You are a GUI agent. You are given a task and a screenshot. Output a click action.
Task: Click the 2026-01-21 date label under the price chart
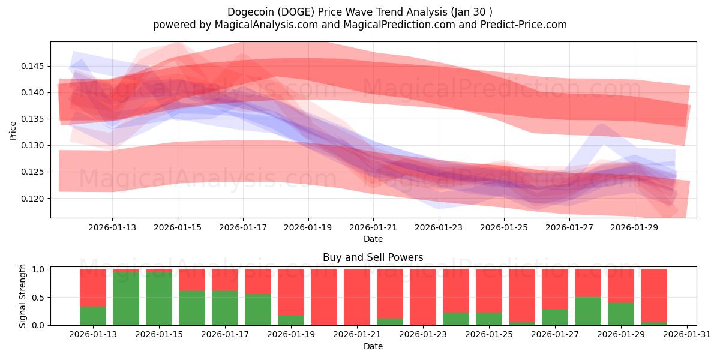point(373,227)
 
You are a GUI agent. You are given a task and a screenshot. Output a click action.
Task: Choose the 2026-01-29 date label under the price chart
point(635,227)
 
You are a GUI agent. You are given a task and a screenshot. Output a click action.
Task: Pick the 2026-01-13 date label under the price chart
point(112,227)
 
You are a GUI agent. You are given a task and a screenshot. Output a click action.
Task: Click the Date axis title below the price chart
point(373,239)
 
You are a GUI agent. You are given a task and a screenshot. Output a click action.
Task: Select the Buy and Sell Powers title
point(373,257)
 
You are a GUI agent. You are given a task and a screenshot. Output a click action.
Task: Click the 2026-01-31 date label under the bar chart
point(685,335)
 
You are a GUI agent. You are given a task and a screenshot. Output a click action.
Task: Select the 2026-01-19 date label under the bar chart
point(291,335)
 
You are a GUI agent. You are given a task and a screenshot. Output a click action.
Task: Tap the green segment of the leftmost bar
point(93,316)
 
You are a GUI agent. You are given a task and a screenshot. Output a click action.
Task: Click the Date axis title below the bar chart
point(373,346)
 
